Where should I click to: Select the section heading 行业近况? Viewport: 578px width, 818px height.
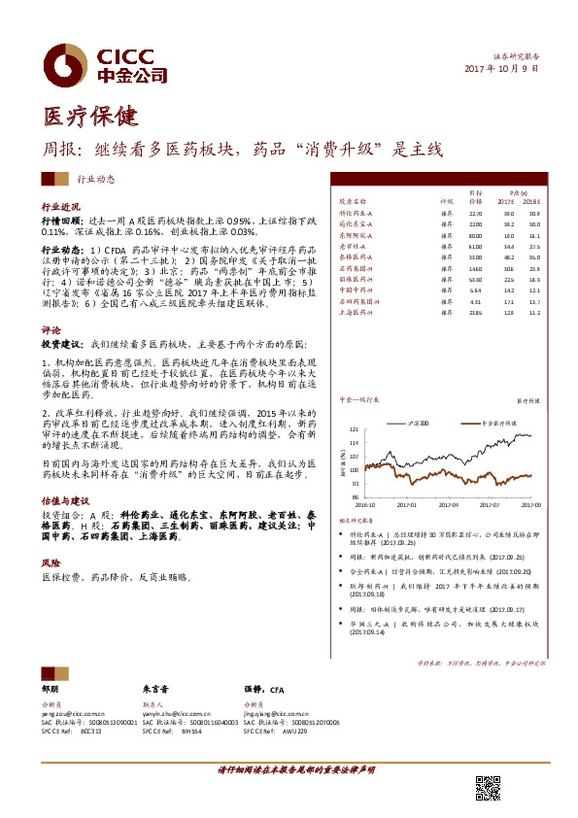pos(59,208)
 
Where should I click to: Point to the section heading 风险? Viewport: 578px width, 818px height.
pos(50,562)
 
